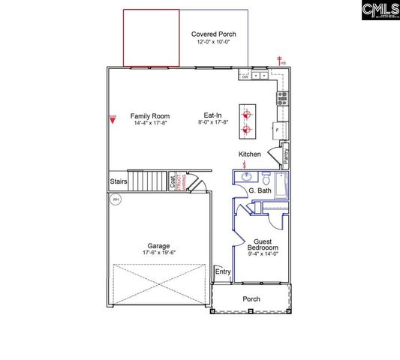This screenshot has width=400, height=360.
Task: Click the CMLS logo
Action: point(380,10)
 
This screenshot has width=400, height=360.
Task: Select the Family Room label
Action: point(150,116)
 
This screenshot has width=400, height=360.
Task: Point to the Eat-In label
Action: point(213,116)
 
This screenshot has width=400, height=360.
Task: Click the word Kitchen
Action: point(250,154)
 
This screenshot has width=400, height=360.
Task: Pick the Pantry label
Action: point(287,156)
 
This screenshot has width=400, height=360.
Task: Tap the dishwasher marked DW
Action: point(245,76)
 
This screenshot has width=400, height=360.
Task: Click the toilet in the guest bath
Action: point(266,178)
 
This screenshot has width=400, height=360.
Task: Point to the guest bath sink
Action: point(245,178)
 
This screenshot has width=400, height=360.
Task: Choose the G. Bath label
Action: point(260,191)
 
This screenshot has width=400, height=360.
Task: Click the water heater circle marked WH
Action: point(116,199)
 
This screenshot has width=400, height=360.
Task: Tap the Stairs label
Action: point(119,181)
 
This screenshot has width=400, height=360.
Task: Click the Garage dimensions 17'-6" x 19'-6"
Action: point(158,253)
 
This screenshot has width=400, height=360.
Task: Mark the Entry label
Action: point(222,271)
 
